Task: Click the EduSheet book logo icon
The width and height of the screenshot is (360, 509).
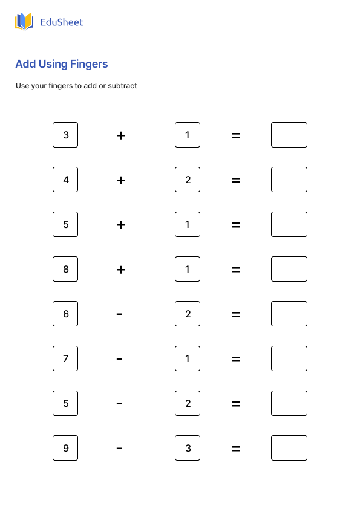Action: (24, 22)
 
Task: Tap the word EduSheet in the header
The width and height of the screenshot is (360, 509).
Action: (62, 22)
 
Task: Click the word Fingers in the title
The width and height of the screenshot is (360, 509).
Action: (89, 64)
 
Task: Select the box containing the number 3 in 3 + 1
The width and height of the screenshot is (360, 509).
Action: (65, 135)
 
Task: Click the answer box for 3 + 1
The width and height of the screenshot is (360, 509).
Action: (289, 135)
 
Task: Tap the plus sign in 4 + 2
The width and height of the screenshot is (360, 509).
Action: (121, 180)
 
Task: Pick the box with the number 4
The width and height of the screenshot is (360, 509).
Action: (65, 180)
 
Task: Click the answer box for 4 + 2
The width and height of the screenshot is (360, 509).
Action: (289, 180)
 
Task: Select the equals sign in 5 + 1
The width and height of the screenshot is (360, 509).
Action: (236, 225)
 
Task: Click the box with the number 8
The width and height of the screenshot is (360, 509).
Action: (65, 269)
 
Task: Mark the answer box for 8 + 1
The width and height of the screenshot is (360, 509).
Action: (289, 269)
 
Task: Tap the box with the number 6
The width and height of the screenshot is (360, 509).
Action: (65, 314)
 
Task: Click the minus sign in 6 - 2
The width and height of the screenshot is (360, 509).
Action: (119, 314)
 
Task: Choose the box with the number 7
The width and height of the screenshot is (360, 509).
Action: (65, 358)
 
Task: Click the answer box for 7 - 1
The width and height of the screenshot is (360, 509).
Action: (289, 358)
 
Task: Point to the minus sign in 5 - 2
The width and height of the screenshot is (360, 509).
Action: (119, 404)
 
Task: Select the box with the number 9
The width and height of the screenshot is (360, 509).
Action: (65, 448)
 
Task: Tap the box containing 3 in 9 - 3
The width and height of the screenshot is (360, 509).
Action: (188, 448)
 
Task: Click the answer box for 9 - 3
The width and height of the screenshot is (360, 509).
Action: (289, 448)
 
